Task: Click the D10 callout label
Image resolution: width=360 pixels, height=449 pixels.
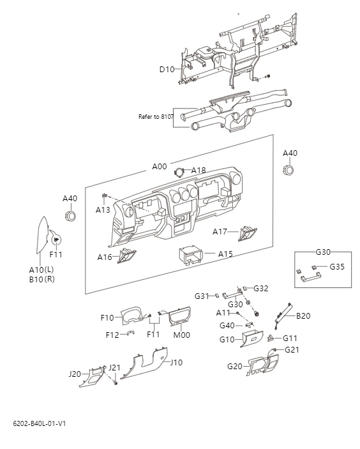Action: [167, 69]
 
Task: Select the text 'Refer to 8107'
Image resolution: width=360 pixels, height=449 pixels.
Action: [156, 117]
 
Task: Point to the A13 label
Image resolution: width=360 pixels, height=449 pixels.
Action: [103, 209]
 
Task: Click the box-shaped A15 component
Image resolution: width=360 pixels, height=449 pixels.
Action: [190, 255]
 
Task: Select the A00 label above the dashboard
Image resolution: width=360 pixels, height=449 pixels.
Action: [160, 166]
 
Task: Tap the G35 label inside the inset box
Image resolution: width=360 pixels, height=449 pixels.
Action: [337, 266]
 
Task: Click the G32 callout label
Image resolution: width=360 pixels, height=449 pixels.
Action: [261, 288]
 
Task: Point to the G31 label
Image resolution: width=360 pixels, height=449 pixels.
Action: [202, 296]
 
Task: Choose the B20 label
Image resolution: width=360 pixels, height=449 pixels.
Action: [303, 316]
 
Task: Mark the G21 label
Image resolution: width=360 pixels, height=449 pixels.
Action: [292, 349]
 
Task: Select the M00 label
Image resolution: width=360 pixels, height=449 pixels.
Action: [182, 335]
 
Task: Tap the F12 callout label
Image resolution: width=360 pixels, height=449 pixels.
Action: [112, 334]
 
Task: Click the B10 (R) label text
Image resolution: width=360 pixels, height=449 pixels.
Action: [41, 279]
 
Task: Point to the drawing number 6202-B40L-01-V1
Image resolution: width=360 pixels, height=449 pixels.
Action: [39, 423]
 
